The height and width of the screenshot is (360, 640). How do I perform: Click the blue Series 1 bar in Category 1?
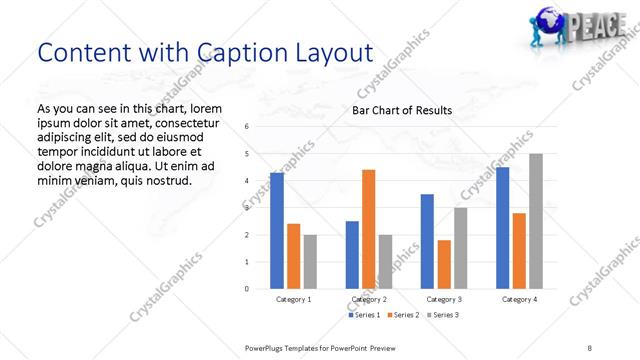(x=277, y=231)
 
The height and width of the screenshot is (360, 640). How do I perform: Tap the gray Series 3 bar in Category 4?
(x=536, y=221)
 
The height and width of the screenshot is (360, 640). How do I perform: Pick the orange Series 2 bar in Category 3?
(x=444, y=264)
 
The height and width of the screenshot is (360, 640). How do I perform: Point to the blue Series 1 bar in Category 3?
(x=427, y=241)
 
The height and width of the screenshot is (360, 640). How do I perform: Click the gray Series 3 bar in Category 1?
(x=310, y=262)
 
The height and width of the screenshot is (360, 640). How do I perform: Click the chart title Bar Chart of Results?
(x=401, y=110)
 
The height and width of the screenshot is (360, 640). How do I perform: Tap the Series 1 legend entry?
(x=364, y=315)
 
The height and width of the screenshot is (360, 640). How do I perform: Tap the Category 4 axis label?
(x=519, y=299)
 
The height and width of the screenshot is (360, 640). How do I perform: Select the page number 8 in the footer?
(x=590, y=348)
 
